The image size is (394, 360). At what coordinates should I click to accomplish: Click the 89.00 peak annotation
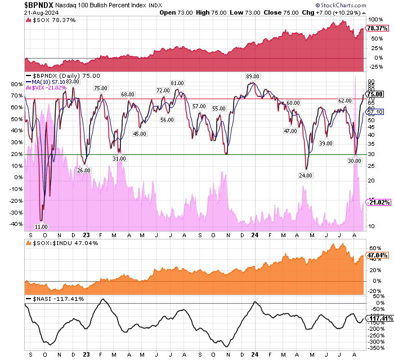point(252,76)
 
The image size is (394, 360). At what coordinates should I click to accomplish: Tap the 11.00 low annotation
point(41,226)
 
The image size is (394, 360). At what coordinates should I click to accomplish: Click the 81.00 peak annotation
point(178,83)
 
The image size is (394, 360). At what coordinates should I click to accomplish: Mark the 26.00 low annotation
point(83,170)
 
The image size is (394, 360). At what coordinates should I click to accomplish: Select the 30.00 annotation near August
point(354,161)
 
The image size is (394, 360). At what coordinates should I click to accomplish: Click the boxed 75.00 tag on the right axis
point(376,94)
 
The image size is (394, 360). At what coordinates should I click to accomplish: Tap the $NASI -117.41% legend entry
point(52,299)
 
